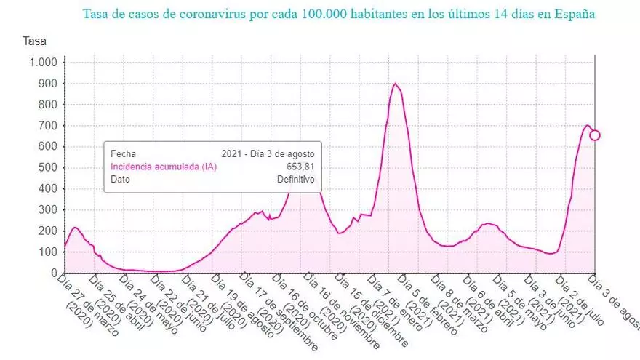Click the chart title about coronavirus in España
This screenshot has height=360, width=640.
[338, 15]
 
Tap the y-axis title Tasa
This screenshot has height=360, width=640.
[35, 41]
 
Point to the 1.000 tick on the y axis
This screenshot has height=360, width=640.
[42, 63]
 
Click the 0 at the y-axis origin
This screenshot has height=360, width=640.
[53, 273]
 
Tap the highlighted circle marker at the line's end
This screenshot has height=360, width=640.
[595, 135]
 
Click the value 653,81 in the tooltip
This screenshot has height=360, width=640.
[300, 167]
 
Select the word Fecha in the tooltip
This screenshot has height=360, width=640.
[123, 154]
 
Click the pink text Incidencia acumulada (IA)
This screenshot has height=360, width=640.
[164, 167]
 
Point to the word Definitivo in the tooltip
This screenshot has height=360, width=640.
[295, 179]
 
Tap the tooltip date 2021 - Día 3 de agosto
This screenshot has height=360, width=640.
[268, 154]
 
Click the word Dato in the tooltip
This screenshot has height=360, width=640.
[121, 179]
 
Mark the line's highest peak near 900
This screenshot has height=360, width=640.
[395, 83]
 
